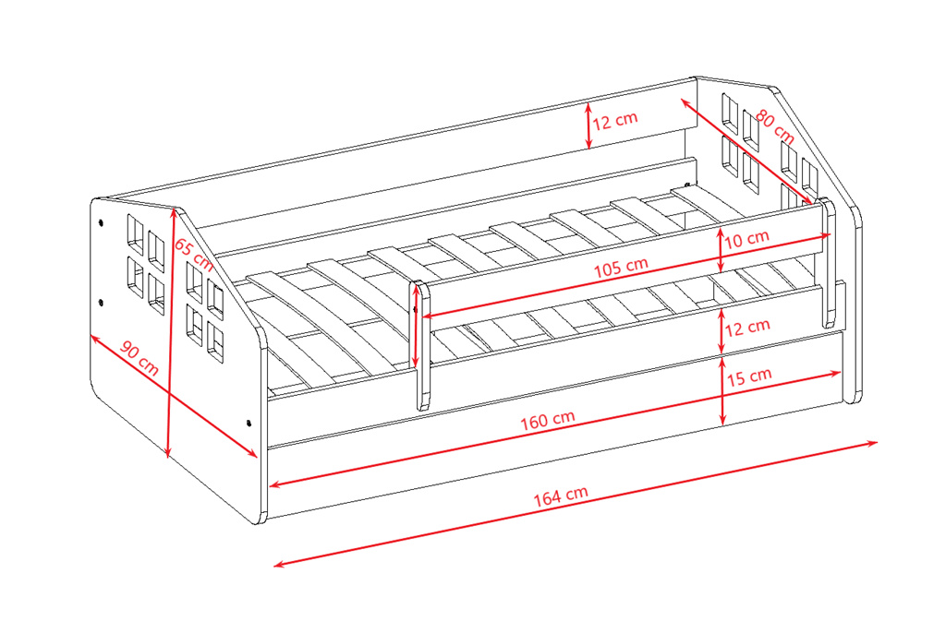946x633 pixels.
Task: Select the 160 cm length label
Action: click(548, 420)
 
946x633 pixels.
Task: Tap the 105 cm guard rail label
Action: click(621, 267)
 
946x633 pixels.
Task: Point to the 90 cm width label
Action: click(139, 357)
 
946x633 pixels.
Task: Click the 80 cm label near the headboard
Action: click(775, 126)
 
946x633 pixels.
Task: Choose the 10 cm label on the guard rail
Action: click(746, 239)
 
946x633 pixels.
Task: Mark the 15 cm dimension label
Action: click(749, 376)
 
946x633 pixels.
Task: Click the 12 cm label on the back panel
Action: click(614, 121)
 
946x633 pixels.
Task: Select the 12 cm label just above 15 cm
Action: click(747, 328)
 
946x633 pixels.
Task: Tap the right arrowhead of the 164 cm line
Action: click(872, 443)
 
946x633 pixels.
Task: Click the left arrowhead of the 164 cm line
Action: click(279, 565)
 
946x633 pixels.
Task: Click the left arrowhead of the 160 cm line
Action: click(274, 484)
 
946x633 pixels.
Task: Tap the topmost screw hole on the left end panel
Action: click(100, 221)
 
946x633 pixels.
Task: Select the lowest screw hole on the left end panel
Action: click(249, 424)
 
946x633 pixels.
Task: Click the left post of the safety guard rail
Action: click(422, 345)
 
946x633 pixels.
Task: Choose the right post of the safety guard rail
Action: click(829, 262)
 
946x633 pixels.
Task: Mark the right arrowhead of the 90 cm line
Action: click(253, 453)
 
